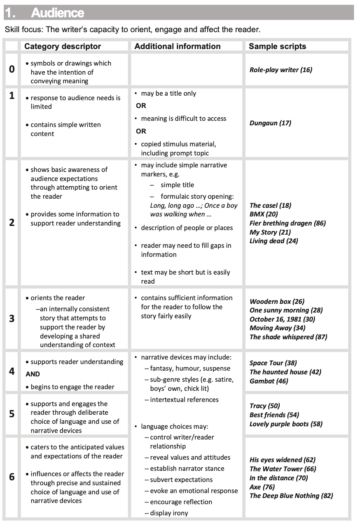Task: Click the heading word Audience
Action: click(58, 13)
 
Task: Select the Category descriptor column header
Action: click(63, 46)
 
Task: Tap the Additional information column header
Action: click(178, 46)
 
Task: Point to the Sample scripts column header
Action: click(277, 46)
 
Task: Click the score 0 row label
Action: click(12, 69)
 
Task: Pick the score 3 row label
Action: click(12, 319)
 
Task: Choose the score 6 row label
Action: click(12, 477)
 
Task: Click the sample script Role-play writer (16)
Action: click(281, 70)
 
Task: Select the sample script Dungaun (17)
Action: click(270, 123)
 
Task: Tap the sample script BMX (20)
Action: click(264, 214)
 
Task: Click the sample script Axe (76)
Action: click(262, 487)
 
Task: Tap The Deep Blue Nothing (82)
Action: click(291, 496)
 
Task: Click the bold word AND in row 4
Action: click(33, 374)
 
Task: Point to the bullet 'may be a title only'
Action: click(168, 94)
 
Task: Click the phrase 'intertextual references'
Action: click(184, 399)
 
